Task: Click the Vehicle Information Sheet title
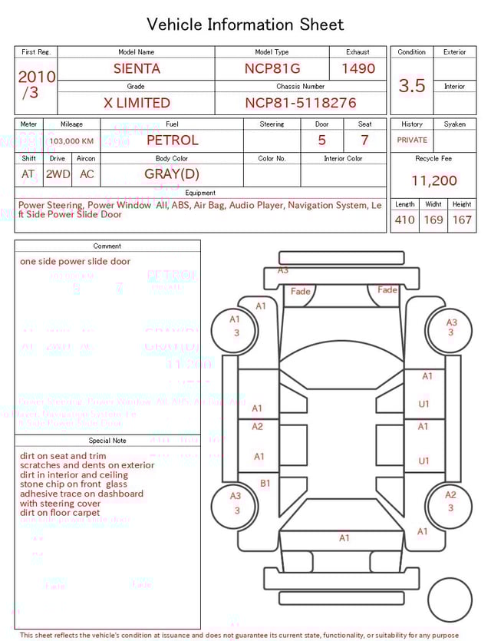tap(245, 25)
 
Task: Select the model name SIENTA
tap(137, 68)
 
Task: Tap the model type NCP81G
tap(272, 68)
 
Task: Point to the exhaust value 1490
tap(358, 68)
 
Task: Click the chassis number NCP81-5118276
tap(301, 103)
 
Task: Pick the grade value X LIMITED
tap(137, 103)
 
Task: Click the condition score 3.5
tap(412, 86)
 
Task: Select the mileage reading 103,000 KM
tap(72, 141)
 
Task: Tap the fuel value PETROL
tap(172, 140)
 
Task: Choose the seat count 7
tap(364, 140)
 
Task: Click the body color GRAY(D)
tap(172, 173)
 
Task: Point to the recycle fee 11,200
tap(434, 180)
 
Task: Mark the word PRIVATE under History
tap(412, 140)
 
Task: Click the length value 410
tap(404, 220)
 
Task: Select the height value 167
tap(462, 220)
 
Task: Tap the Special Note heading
tap(107, 441)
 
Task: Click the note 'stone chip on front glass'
tap(74, 484)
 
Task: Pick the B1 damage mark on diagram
tap(265, 483)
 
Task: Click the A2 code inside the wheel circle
tap(450, 495)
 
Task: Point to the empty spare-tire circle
tap(450, 600)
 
